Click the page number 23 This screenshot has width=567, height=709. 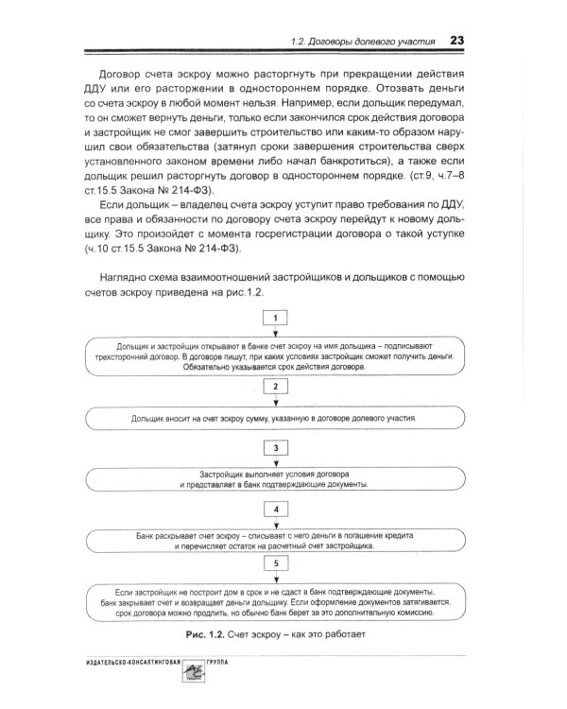[455, 41]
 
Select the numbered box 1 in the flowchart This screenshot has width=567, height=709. [274, 319]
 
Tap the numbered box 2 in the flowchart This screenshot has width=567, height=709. [274, 387]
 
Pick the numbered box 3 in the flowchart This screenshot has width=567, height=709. [274, 446]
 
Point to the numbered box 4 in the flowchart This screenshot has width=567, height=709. [274, 509]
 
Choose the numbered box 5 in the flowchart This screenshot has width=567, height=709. [274, 563]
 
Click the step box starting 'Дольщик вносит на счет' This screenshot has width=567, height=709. [274, 416]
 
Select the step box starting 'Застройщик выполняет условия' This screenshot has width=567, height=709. [274, 478]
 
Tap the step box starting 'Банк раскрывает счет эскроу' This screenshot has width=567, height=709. [274, 539]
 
